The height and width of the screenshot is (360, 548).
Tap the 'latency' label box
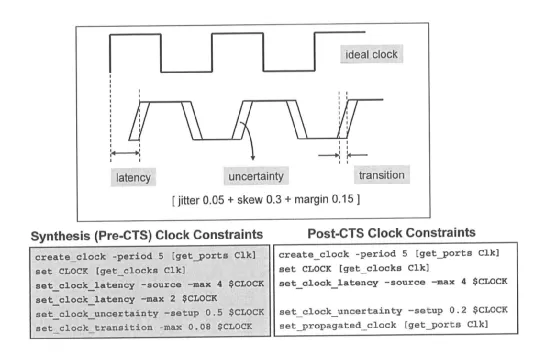(137, 177)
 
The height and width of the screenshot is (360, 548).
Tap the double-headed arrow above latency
(126, 153)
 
